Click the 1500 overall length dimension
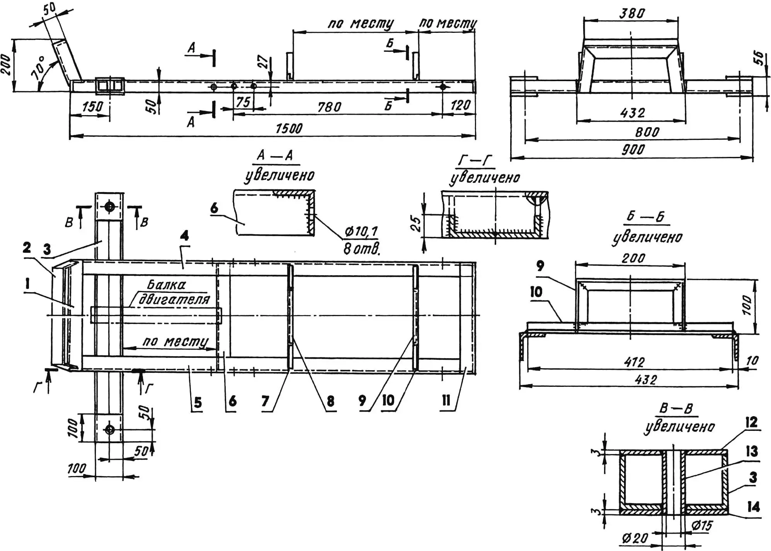(x=289, y=128)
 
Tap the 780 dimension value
(x=329, y=107)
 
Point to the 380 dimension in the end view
(x=632, y=14)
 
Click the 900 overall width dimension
(x=633, y=150)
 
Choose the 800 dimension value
(x=647, y=133)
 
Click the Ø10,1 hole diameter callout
(x=361, y=231)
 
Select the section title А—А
(x=275, y=155)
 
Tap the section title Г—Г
(x=475, y=160)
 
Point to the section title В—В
(x=676, y=409)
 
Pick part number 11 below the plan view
(x=446, y=400)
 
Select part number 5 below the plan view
(x=197, y=403)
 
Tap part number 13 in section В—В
(x=752, y=451)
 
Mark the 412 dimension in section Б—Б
(x=634, y=362)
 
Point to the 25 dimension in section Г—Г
(x=415, y=223)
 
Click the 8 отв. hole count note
(x=361, y=249)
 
